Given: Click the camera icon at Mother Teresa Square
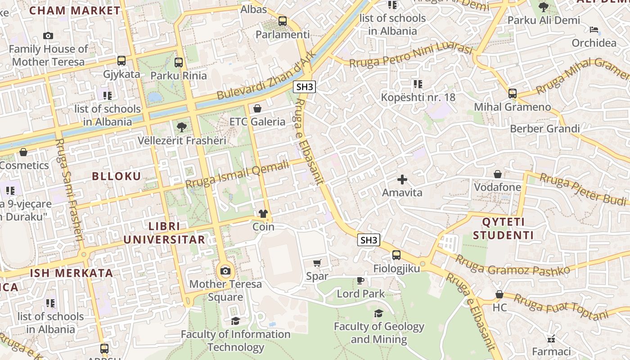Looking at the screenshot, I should coord(225,271).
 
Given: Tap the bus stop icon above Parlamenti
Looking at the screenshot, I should coord(283,21).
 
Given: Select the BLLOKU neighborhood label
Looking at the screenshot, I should coord(117,176).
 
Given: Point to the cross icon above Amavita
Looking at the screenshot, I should coord(402,180).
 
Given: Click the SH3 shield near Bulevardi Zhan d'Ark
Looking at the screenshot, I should coord(304,87).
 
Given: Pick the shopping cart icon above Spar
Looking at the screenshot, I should coord(317,263).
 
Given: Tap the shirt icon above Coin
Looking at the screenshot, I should coord(263,213).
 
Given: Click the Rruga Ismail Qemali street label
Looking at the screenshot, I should coord(237,175).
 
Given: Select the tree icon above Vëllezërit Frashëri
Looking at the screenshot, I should coord(182,127).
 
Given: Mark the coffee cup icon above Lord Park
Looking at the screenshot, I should coord(360,280).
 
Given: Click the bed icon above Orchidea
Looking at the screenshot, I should coord(594,30).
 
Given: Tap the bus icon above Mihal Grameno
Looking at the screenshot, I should coord(512,94).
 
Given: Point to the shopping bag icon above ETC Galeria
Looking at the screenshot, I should coord(257,108).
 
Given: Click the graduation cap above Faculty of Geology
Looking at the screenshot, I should coord(379,313).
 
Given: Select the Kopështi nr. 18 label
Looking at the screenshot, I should coord(418,97).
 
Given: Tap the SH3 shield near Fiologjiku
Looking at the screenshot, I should coord(369,240).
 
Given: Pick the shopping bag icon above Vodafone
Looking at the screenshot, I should coord(498,174).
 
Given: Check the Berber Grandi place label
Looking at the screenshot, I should coord(544,129).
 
